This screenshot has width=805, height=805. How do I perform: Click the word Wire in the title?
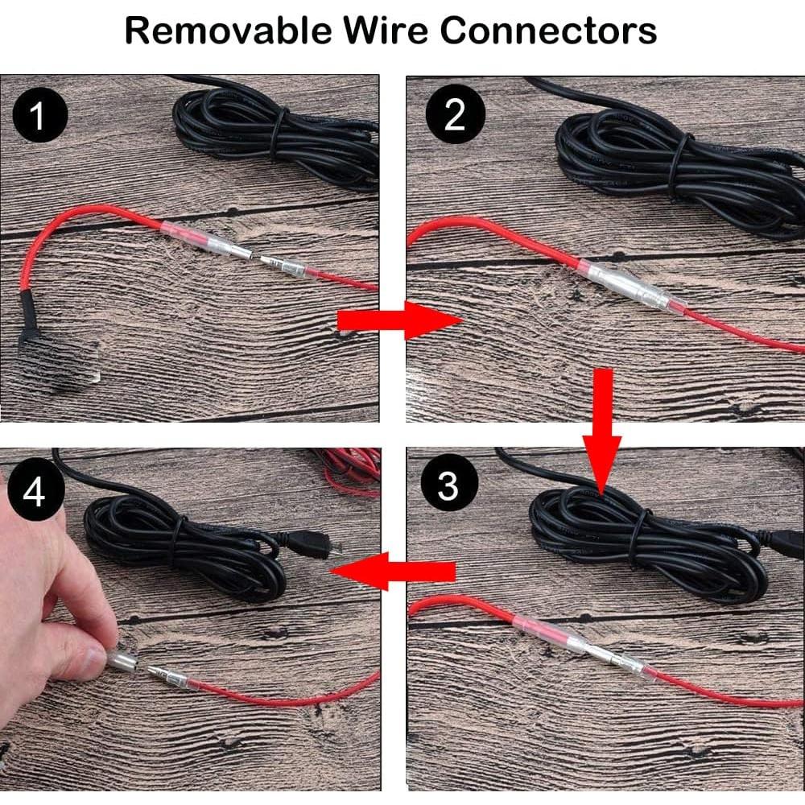pos(386,31)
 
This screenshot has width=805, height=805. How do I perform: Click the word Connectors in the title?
pos(548,31)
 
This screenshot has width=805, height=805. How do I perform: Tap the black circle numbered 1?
pos(38,118)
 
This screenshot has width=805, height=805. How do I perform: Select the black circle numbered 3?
pos(448,486)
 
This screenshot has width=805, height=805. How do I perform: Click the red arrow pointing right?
pos(398,321)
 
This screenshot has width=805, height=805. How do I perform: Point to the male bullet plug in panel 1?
pos(278,265)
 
